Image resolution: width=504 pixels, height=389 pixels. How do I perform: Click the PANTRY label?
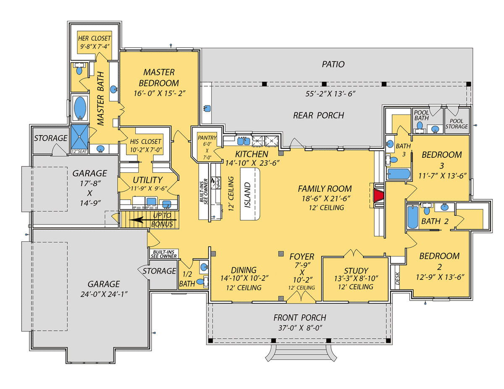207,138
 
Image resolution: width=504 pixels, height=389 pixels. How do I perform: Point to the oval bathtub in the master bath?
80,108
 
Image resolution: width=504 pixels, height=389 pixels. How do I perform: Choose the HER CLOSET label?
94,39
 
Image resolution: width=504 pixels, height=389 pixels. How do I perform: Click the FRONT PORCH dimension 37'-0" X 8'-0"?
300,328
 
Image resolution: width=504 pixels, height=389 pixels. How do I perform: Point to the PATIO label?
333,64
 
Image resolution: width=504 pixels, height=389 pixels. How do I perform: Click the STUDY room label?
356,271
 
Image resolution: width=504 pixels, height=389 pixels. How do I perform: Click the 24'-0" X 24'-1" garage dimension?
103,294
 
